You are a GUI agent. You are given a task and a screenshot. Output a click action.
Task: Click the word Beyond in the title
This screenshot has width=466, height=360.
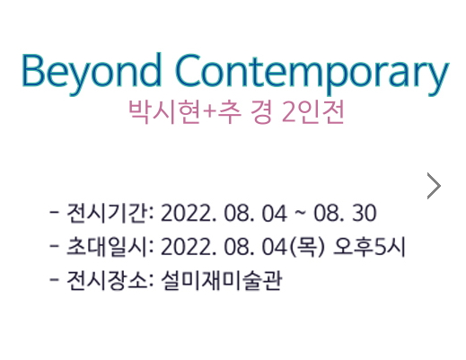point(92,74)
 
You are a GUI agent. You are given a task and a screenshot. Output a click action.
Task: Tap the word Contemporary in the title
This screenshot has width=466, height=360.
point(312,75)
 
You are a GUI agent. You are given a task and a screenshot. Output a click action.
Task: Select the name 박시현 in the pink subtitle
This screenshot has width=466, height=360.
point(164,112)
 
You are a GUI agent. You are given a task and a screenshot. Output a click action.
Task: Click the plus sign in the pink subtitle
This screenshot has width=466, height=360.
point(209,113)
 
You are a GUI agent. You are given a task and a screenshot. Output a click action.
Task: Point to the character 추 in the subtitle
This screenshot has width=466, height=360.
point(229,112)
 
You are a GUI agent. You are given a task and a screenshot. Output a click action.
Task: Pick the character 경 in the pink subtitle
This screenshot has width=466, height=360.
point(261,112)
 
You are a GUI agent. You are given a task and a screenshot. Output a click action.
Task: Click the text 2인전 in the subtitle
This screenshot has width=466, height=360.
point(313,112)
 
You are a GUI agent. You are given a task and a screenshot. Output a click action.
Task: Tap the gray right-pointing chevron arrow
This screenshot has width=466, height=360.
point(434,186)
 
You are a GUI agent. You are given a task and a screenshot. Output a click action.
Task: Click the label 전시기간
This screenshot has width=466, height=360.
point(107,213)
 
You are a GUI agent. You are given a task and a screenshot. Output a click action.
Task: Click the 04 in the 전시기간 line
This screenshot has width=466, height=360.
point(275,214)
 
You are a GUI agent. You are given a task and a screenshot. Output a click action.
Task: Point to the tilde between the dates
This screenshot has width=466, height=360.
point(300,213)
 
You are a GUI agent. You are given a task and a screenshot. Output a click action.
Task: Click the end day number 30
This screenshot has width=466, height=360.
point(364,213)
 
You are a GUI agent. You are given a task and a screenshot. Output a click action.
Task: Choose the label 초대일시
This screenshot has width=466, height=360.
point(107,247)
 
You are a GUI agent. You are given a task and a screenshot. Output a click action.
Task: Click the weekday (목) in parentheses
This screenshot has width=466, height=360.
point(307,247)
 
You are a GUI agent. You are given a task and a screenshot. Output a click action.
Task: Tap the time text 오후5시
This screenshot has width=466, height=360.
point(369,247)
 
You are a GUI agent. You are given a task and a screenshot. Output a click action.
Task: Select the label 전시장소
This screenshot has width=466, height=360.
point(107,281)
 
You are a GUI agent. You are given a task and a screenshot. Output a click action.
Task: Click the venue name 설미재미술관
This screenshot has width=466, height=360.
point(222,281)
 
